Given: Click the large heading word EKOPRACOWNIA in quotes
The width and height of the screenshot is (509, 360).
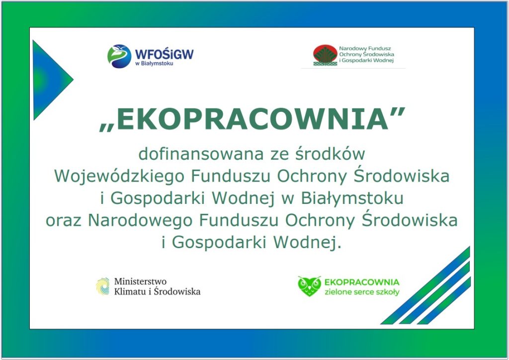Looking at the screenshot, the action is pyautogui.click(x=252, y=119).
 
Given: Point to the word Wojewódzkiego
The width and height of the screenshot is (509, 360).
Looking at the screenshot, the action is pyautogui.click(x=119, y=177).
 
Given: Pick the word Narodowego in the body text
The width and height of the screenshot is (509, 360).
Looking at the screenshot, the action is pyautogui.click(x=140, y=221).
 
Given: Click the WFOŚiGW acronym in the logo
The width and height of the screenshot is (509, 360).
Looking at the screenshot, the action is pyautogui.click(x=164, y=54).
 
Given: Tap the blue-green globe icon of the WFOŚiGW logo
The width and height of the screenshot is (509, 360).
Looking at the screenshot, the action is pyautogui.click(x=119, y=56).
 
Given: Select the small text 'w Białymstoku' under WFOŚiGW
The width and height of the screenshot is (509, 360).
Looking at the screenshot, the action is pyautogui.click(x=154, y=63).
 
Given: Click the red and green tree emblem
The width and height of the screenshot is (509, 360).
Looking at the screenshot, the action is pyautogui.click(x=325, y=55).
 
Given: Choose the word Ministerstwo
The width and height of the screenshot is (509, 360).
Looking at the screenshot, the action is pyautogui.click(x=140, y=281).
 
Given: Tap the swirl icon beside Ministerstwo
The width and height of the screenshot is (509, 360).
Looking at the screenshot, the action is pyautogui.click(x=103, y=286).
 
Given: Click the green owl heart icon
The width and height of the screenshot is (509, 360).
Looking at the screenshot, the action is pyautogui.click(x=309, y=286).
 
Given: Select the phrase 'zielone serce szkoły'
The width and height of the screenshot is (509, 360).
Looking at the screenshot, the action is pyautogui.click(x=362, y=292).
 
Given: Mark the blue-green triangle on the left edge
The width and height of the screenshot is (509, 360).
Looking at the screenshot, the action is pyautogui.click(x=49, y=80).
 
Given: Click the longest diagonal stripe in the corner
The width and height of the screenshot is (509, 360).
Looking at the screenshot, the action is pyautogui.click(x=425, y=285).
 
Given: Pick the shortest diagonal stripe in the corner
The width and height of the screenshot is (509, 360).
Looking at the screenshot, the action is pyautogui.click(x=444, y=300).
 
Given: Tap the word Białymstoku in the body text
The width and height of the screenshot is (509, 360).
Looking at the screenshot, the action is pyautogui.click(x=352, y=199).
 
